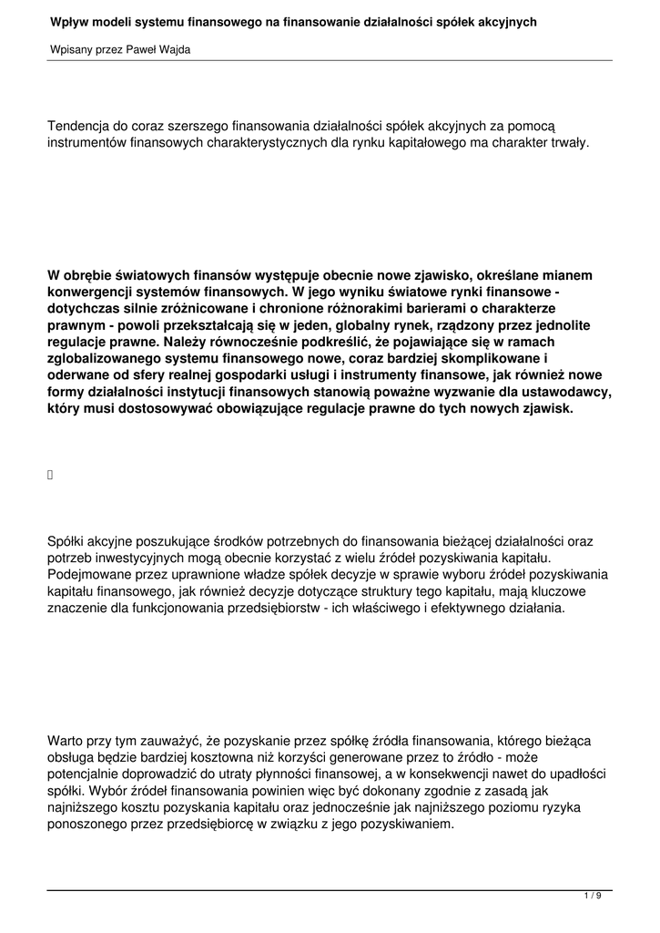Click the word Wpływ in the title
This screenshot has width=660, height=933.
point(70,21)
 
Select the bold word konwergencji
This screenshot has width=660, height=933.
point(92,293)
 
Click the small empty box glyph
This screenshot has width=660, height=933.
point(50,473)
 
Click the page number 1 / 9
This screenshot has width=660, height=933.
point(593,897)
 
